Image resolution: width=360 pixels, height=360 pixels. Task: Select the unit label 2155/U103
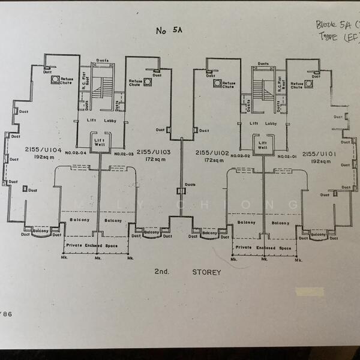point(154,152)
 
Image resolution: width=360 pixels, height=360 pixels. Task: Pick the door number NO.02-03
point(124,154)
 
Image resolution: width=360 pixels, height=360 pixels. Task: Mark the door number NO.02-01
point(288,155)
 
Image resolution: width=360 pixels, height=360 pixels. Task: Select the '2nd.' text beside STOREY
point(162,272)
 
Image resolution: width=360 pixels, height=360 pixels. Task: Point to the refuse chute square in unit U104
point(55,79)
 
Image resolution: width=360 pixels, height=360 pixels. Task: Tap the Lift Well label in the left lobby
point(99,142)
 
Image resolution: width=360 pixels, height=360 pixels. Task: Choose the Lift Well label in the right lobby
point(262,144)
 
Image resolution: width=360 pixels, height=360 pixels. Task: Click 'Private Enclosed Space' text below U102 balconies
point(263,248)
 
